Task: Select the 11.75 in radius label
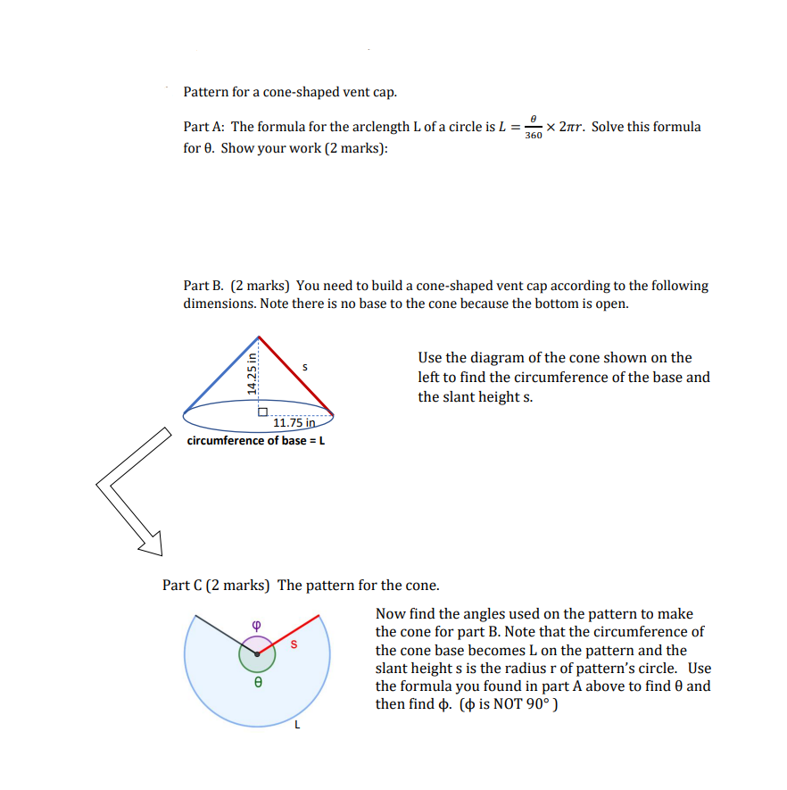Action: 294,423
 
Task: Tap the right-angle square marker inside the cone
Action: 263,412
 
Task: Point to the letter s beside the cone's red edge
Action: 305,366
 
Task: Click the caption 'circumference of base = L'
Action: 255,440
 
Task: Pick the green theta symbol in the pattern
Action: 258,682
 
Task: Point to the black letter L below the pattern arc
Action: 297,724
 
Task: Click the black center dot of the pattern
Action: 257,654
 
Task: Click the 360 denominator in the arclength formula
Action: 533,136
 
